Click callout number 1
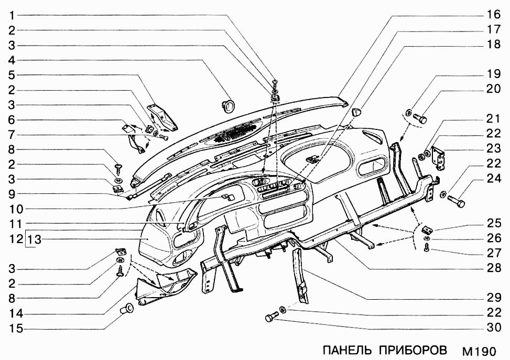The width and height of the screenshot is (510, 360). (10, 15)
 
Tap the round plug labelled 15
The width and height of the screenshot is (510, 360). (127, 309)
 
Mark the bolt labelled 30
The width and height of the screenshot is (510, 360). (272, 317)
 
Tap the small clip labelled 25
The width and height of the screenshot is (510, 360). (428, 228)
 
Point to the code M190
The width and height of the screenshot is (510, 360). (478, 350)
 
